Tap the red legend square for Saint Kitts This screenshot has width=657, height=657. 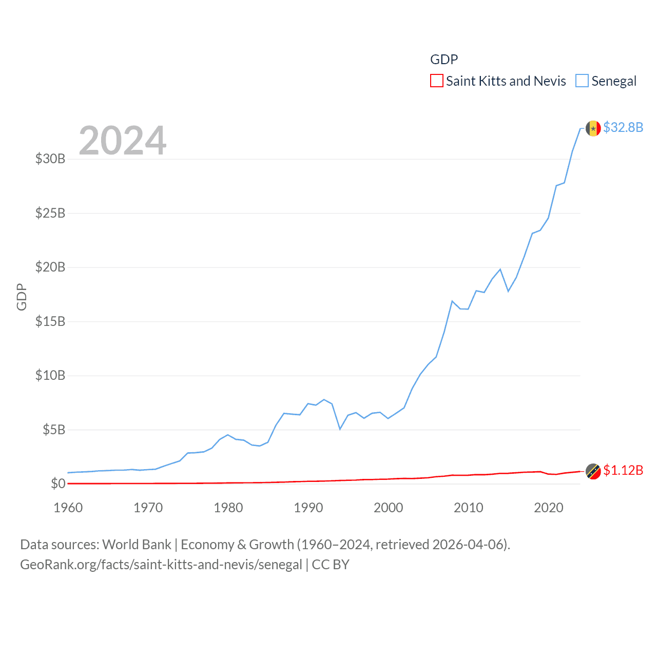[x=437, y=81]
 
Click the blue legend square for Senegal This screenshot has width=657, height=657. [x=582, y=81]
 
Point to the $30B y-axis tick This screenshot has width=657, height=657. [x=50, y=159]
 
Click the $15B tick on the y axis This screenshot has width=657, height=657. [x=50, y=321]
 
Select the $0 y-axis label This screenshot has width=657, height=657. [x=58, y=484]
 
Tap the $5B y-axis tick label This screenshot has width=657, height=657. [x=54, y=430]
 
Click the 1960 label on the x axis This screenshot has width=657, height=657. [x=68, y=508]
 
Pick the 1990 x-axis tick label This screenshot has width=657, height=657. [x=308, y=508]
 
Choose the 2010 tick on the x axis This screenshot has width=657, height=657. [x=469, y=508]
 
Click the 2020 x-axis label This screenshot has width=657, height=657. [x=549, y=508]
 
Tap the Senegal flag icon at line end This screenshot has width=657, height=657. [x=593, y=128]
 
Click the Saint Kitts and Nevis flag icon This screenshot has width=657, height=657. [x=593, y=471]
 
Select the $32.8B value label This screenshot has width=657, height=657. [x=623, y=127]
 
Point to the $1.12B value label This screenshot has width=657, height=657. [x=623, y=470]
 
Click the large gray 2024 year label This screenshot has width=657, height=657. [x=123, y=141]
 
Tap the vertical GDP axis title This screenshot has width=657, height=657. [x=22, y=297]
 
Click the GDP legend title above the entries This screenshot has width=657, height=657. [x=444, y=60]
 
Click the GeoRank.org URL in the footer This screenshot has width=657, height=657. [x=161, y=565]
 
